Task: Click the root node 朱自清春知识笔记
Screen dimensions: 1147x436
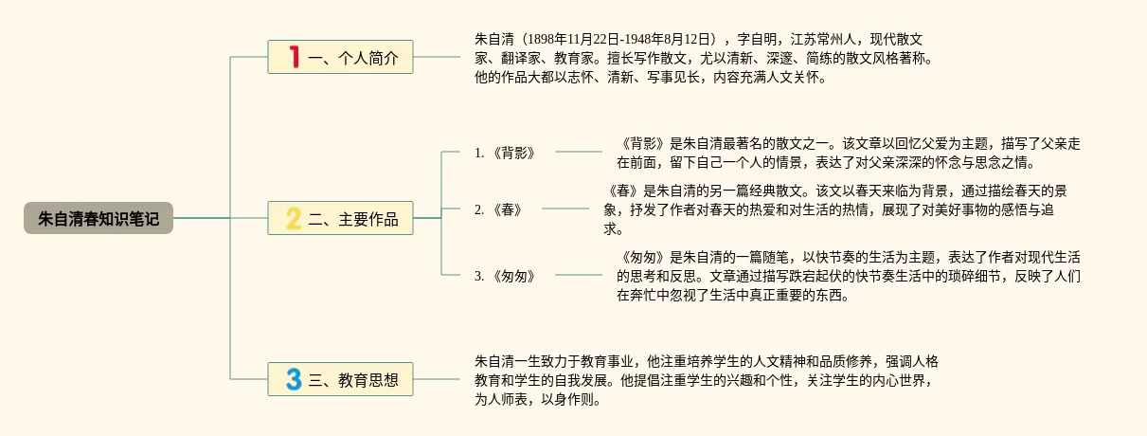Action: coord(99,218)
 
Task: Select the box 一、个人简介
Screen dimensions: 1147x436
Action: coord(340,57)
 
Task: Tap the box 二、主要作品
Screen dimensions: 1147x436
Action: coord(340,218)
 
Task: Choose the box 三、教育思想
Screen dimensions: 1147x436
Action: coord(340,379)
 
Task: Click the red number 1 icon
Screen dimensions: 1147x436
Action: coord(294,57)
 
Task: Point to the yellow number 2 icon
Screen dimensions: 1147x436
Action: coord(294,218)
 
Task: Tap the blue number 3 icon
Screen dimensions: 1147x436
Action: coord(294,379)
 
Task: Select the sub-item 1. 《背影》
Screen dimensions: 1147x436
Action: coord(505,152)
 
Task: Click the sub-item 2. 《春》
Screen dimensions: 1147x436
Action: coord(498,209)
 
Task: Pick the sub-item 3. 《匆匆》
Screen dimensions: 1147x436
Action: coord(505,276)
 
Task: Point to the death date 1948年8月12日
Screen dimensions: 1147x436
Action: coord(668,39)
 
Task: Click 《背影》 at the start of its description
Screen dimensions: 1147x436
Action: coord(640,143)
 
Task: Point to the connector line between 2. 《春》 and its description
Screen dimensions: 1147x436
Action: coord(565,209)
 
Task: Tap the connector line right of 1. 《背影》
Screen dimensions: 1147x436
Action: coord(578,152)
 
